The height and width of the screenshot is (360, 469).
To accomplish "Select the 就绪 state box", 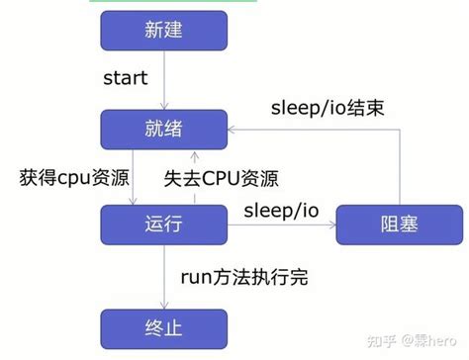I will [164, 129].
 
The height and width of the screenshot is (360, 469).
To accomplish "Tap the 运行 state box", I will [164, 225].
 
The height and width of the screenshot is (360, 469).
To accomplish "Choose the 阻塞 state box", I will [399, 225].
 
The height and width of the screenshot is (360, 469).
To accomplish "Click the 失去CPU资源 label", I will [221, 179].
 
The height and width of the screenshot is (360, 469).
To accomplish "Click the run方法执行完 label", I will [243, 276].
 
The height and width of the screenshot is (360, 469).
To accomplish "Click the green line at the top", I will [164, 2].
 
